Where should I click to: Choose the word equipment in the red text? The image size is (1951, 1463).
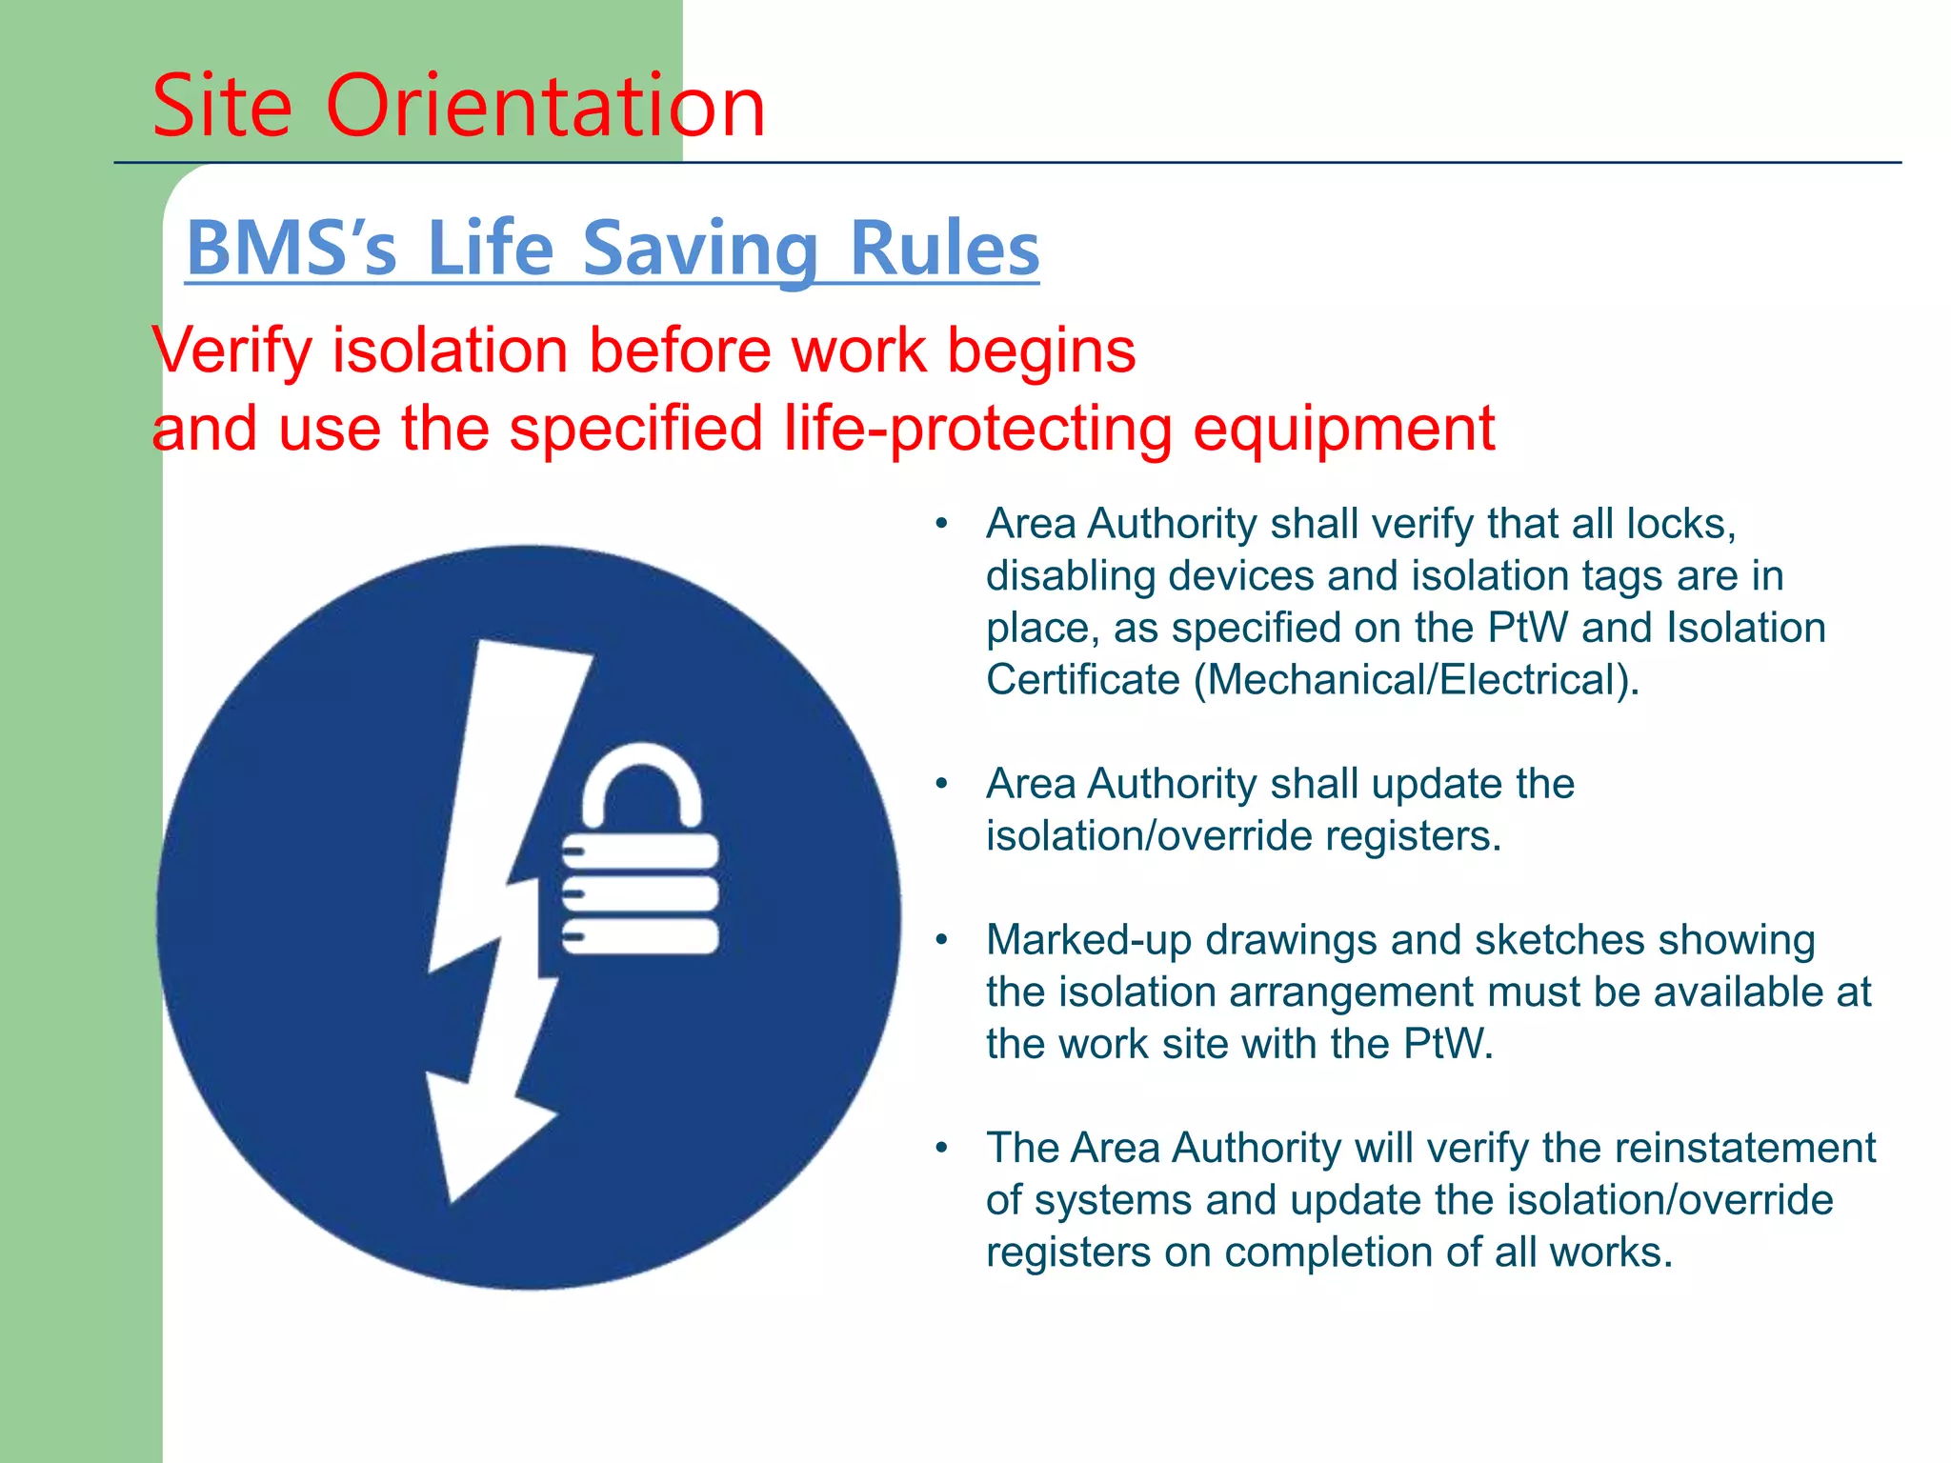point(1343,429)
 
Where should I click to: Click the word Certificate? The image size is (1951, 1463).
point(1083,680)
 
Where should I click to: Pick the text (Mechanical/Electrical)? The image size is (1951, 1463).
point(1417,680)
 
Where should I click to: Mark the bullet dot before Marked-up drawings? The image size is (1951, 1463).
point(941,940)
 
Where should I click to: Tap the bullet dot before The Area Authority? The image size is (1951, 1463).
point(941,1148)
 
